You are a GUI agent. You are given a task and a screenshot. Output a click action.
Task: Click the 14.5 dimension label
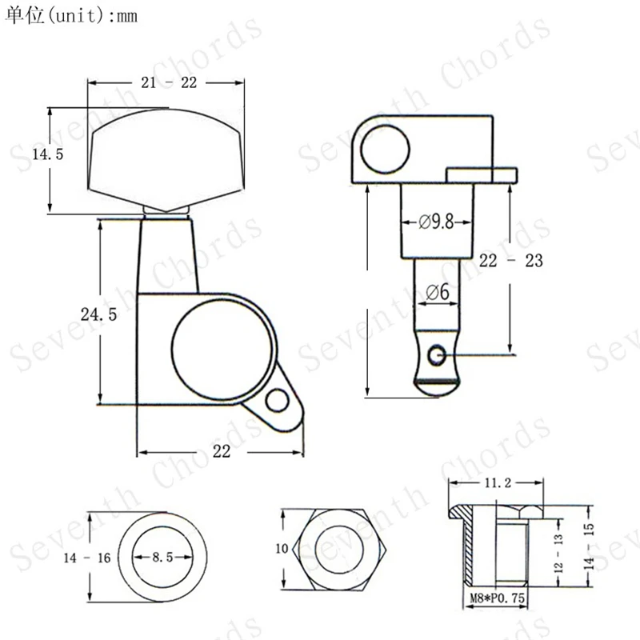[x=48, y=154]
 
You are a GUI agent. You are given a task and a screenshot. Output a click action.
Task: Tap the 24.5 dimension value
[x=98, y=314]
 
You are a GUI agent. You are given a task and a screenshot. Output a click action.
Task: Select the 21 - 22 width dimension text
[x=169, y=83]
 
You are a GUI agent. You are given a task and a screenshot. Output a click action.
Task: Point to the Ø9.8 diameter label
[x=436, y=222]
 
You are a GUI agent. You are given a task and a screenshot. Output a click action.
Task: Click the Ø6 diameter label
[x=438, y=292]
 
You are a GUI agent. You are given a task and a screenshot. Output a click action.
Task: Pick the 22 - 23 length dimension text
[x=511, y=261]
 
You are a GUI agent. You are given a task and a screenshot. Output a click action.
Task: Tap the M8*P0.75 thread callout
[x=497, y=598]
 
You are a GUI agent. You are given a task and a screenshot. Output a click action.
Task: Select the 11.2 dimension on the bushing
[x=498, y=483]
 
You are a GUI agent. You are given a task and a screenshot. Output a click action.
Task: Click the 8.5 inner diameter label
[x=162, y=557]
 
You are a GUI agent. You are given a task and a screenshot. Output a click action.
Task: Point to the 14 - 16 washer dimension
[x=87, y=558]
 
